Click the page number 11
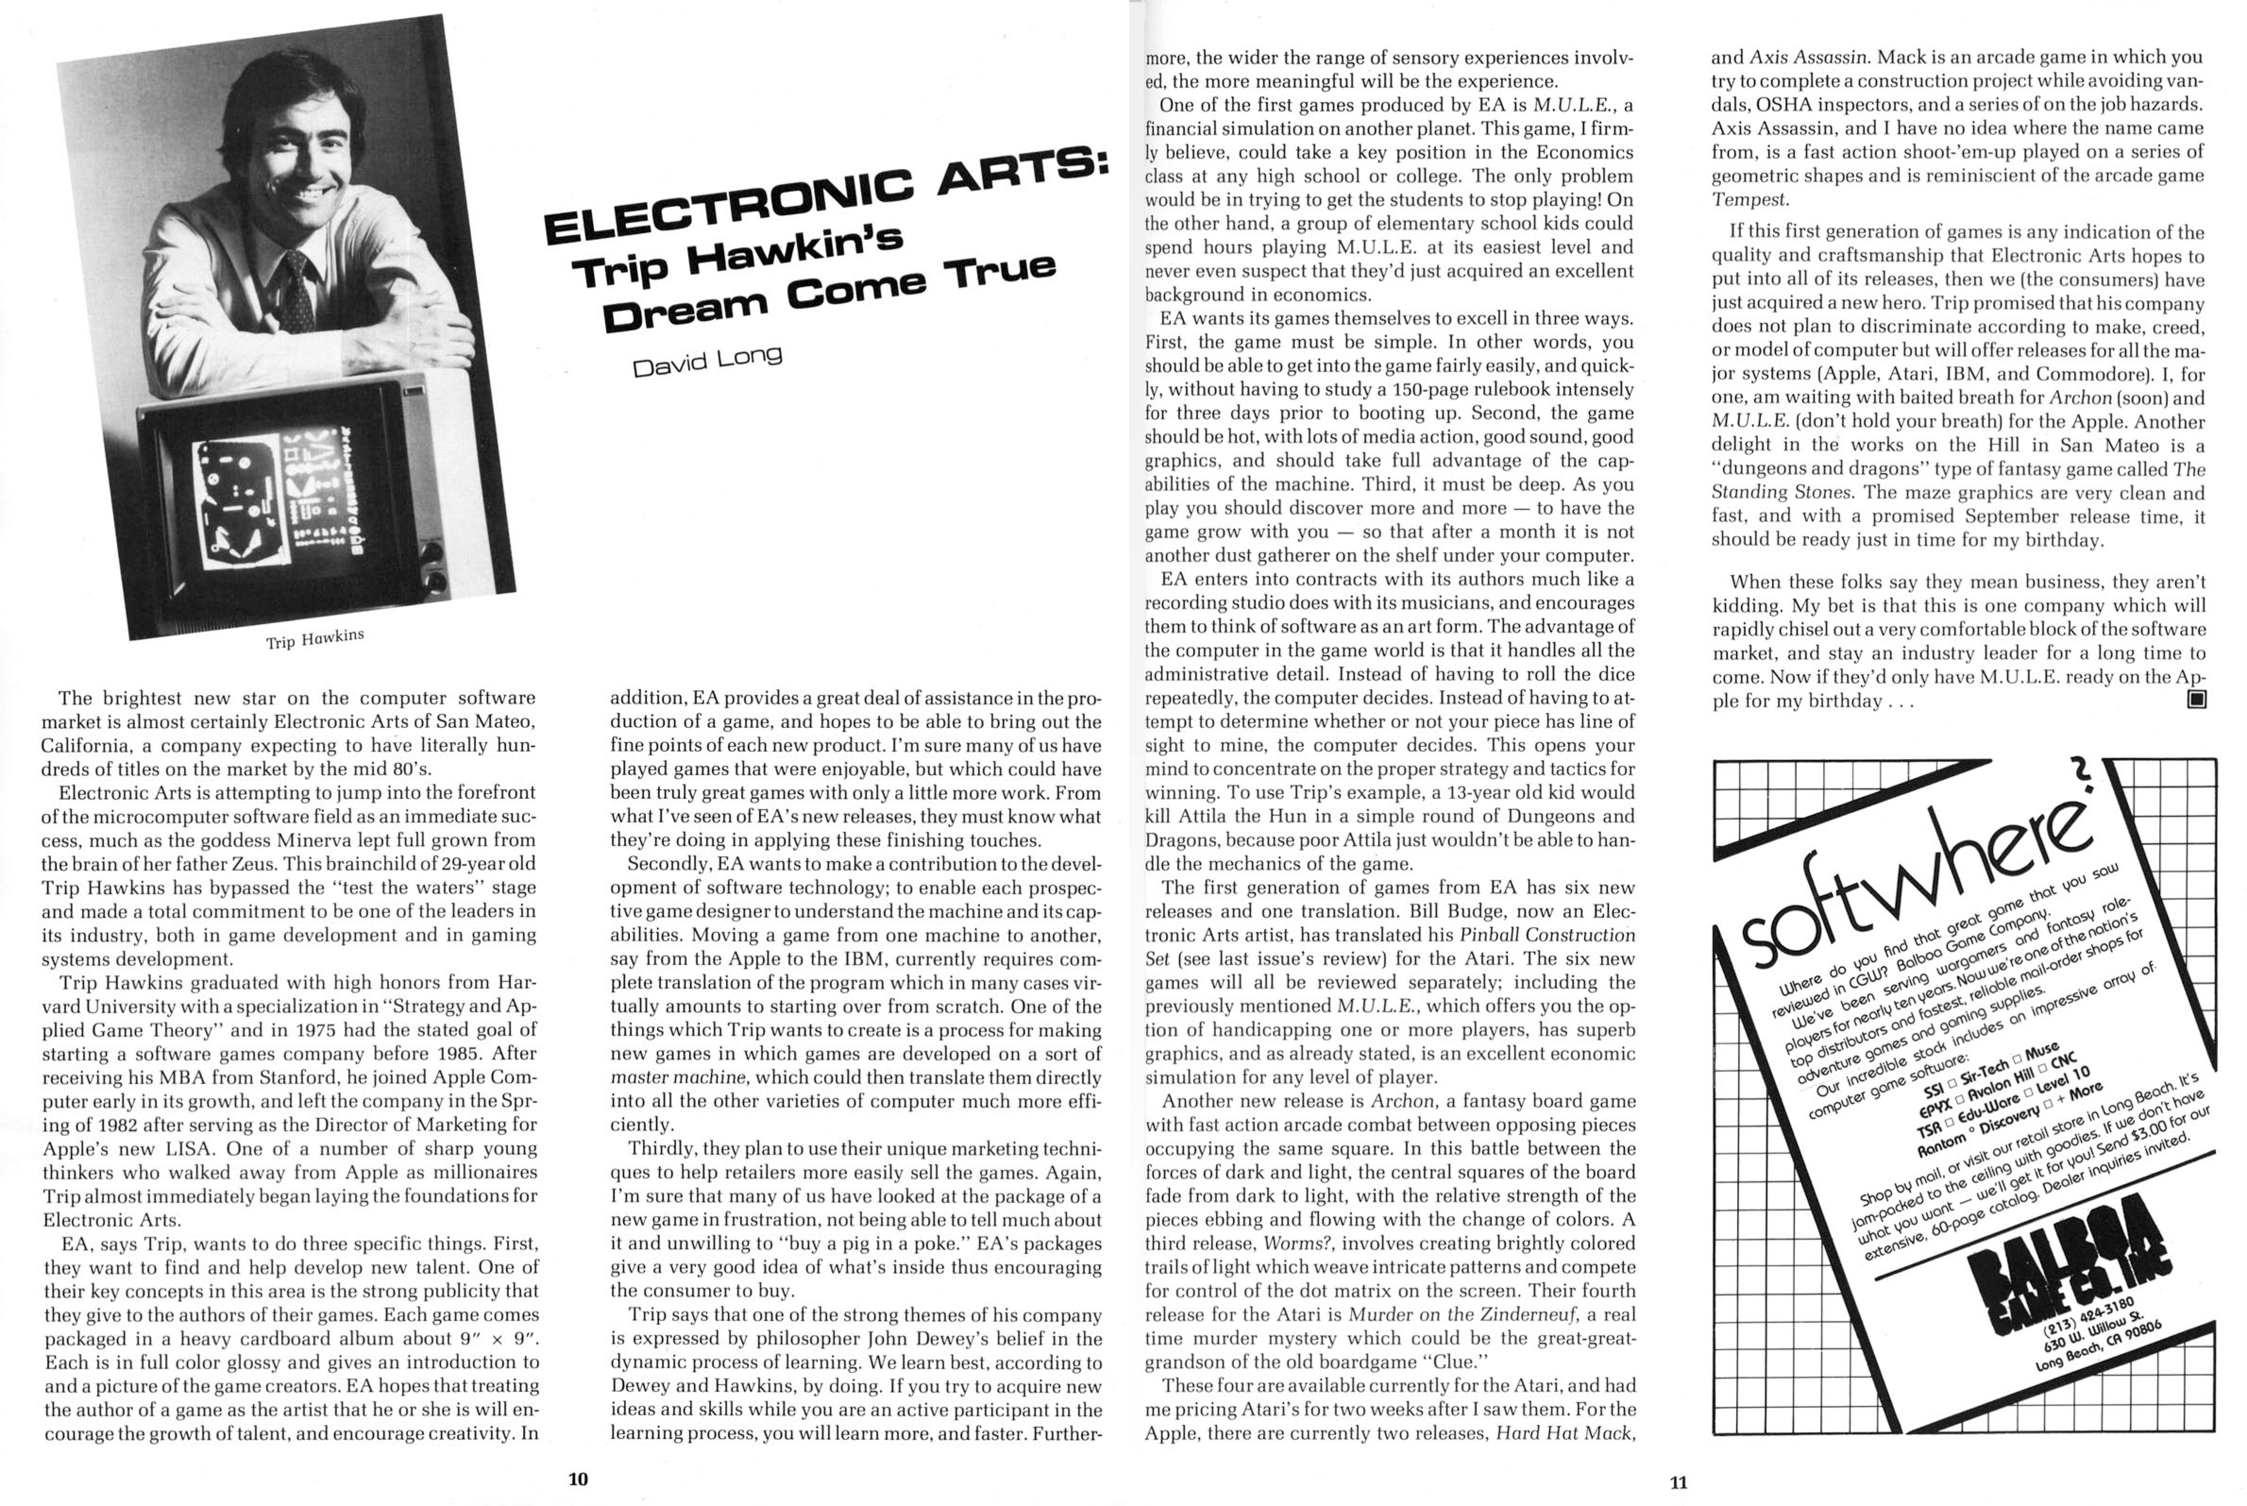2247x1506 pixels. (1678, 1482)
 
